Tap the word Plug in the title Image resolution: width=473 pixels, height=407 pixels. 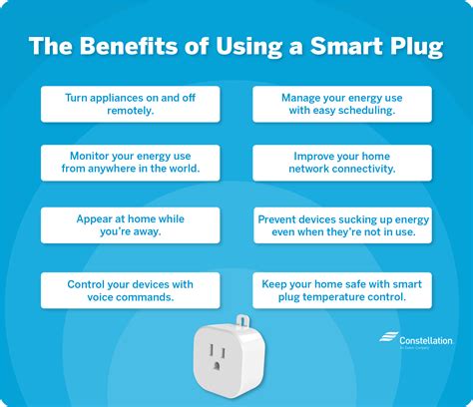pos(411,46)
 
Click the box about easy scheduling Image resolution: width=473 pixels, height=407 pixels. pos(341,104)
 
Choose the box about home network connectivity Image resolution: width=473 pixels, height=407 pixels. pos(341,163)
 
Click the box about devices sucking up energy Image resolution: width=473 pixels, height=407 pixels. pos(341,224)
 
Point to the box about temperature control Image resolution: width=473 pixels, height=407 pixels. pos(341,290)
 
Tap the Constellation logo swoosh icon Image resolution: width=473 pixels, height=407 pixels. pos(387,339)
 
